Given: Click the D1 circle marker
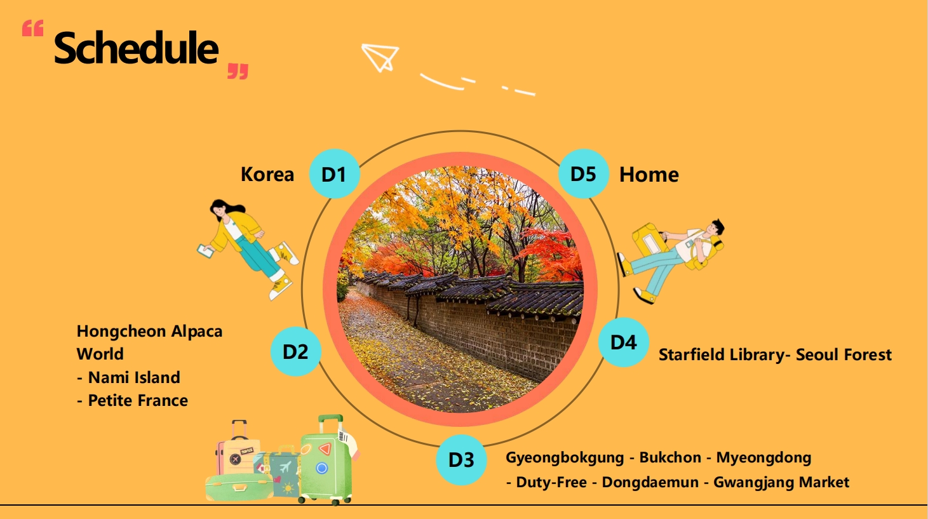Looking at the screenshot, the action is [334, 173].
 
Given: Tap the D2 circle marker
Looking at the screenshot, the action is [296, 351].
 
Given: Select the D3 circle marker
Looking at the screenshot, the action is [461, 459].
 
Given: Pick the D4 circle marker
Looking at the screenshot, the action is [624, 342].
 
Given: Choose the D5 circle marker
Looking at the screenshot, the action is [583, 173].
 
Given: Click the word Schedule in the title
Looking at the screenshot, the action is [136, 48].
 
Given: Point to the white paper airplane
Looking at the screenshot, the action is [380, 57].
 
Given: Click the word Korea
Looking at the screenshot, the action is [267, 174].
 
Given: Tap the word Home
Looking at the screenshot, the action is [649, 175].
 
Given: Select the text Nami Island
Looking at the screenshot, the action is [134, 377].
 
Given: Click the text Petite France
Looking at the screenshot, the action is [138, 400].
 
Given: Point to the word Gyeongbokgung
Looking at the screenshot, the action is [565, 458].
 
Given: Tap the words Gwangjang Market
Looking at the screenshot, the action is [781, 483].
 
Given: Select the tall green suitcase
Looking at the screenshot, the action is [327, 460].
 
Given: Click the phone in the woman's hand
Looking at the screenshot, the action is [205, 251].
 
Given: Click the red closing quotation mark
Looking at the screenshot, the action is [238, 71].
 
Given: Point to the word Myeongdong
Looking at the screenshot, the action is [763, 458].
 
